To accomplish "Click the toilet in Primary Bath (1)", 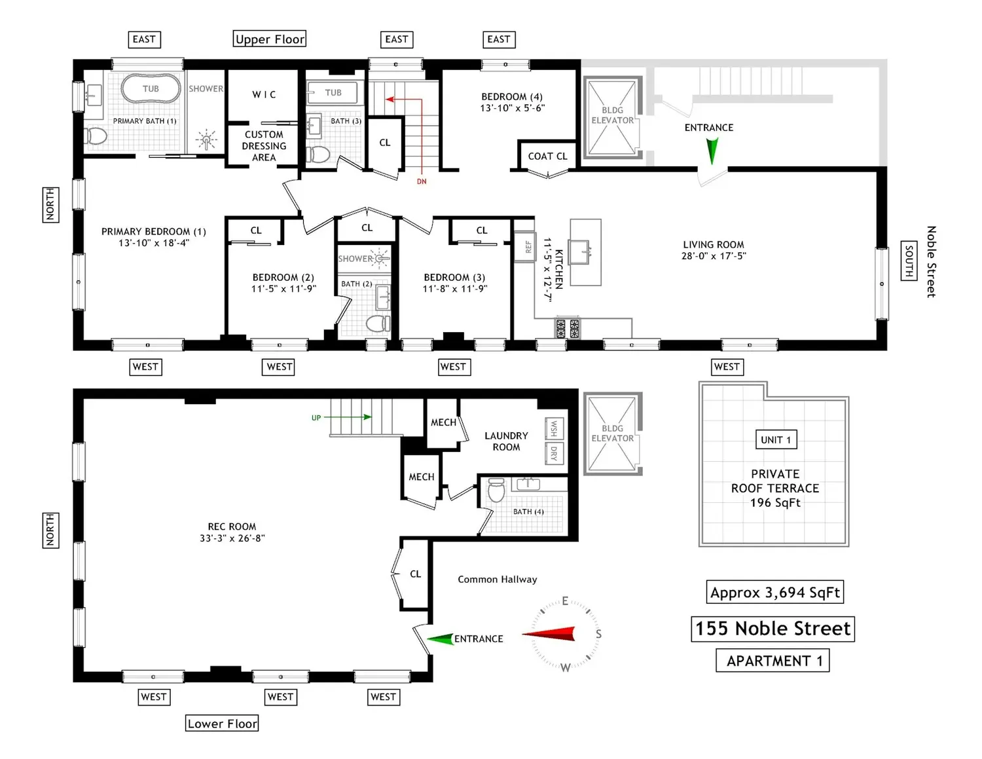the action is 96,135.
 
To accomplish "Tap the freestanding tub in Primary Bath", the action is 151,88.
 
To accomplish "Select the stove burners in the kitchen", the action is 567,328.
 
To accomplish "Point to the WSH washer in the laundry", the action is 554,428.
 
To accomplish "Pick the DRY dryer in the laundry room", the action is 554,453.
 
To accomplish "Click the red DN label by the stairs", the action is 422,181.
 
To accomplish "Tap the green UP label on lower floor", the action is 316,418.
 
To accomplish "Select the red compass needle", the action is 549,633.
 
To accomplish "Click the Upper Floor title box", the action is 270,39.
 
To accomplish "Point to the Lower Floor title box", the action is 222,723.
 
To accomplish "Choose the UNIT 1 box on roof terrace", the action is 776,439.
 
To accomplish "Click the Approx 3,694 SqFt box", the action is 774,592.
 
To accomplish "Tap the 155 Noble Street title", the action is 773,629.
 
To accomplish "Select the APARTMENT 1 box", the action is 773,661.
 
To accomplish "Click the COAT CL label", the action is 547,156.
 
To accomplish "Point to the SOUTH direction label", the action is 909,261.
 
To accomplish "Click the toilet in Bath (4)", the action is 496,490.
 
